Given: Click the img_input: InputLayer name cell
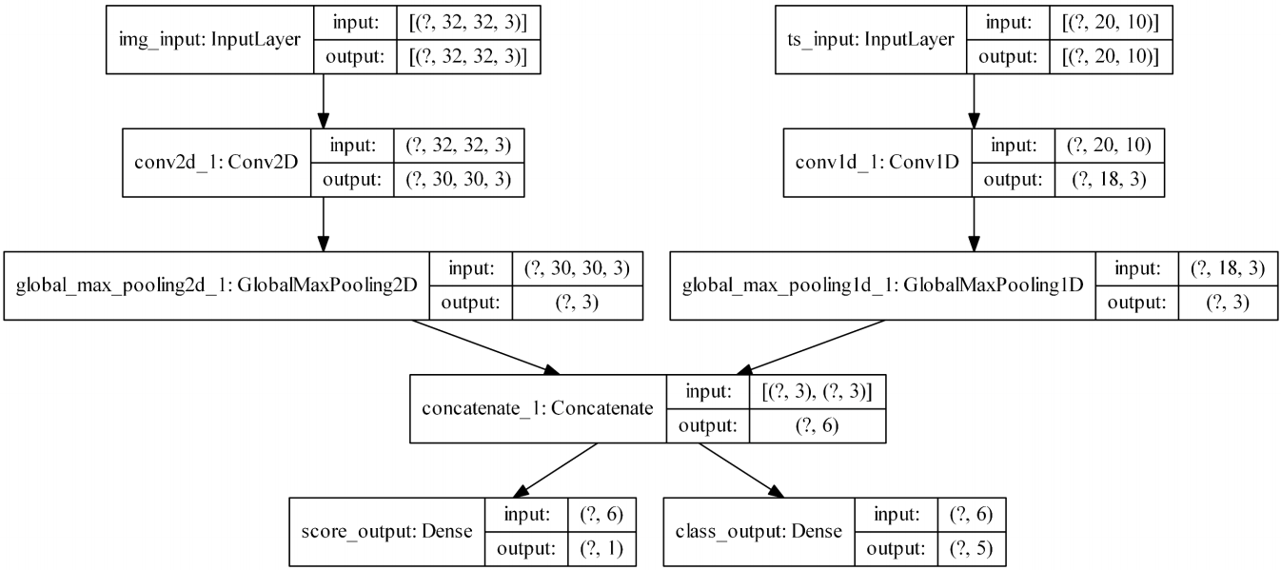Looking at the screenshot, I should pyautogui.click(x=208, y=40).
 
